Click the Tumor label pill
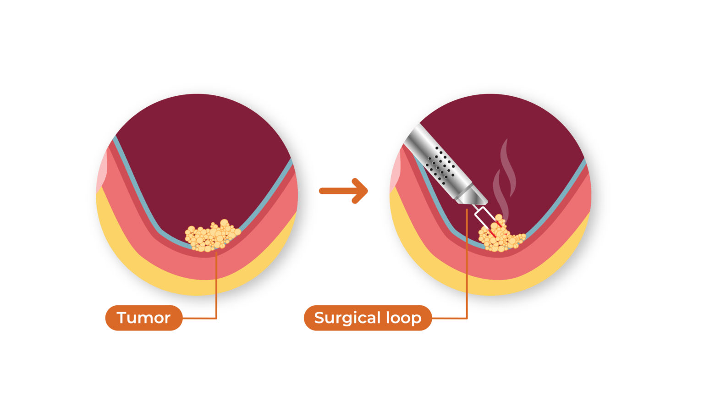pos(144,318)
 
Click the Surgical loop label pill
pos(368,318)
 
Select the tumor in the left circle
pos(211,236)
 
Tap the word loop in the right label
pos(403,318)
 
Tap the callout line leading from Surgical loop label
pos(467,275)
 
